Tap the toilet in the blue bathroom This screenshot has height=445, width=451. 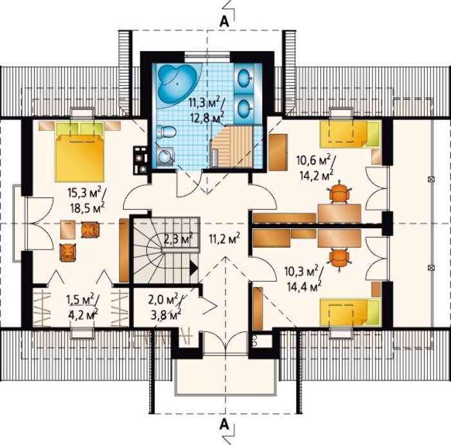tap(166, 132)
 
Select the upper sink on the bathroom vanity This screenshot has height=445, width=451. tap(245, 77)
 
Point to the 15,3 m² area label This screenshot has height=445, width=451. tap(86, 193)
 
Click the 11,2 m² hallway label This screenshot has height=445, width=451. tap(224, 239)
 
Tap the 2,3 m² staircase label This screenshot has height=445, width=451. tap(178, 239)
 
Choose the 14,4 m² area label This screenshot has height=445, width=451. tap(304, 286)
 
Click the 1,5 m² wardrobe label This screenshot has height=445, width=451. tap(83, 301)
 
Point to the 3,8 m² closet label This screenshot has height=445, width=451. tap(166, 315)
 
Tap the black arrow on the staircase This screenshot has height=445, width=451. tap(193, 268)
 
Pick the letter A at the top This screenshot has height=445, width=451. tap(224, 21)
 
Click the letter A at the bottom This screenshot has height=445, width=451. tap(224, 424)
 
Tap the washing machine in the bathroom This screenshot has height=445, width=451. tap(166, 157)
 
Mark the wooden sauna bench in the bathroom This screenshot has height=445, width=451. tap(232, 148)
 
